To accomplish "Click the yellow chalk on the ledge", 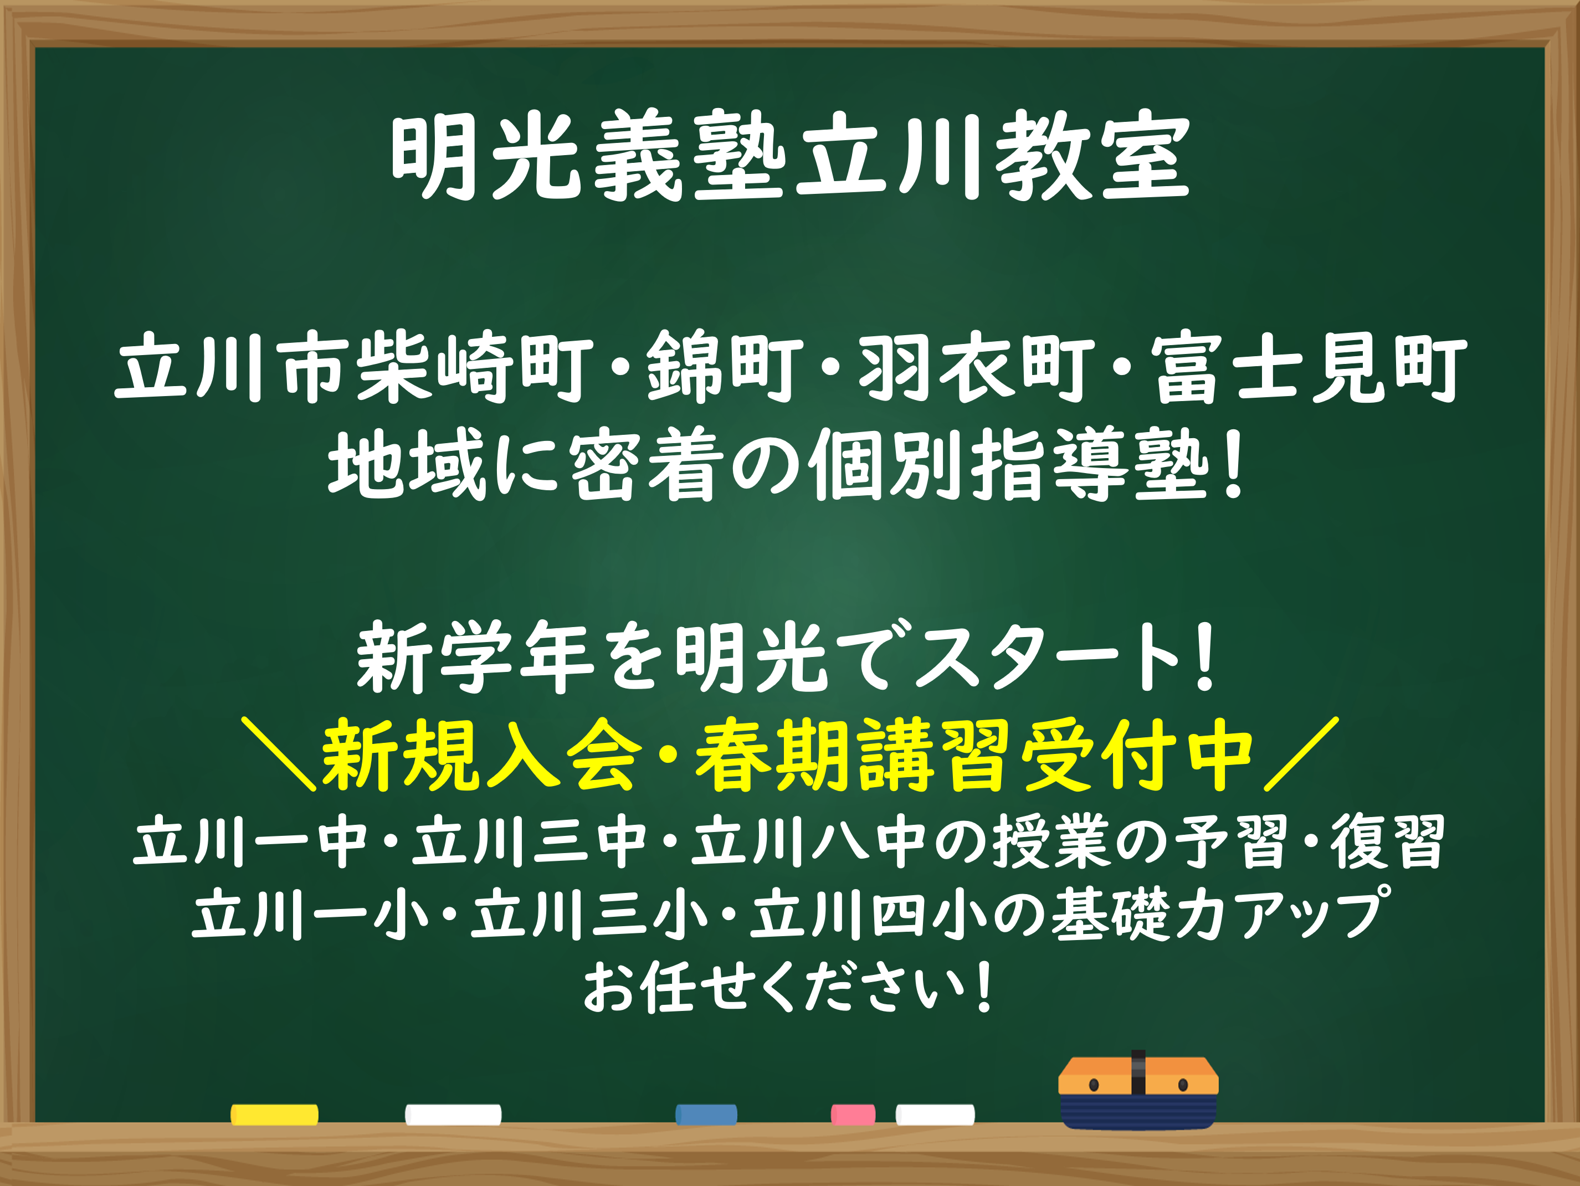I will click(274, 1115).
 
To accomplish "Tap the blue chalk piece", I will click(706, 1115).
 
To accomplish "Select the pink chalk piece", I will click(853, 1115).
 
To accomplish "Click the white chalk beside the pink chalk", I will click(935, 1115).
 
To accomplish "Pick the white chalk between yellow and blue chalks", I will click(453, 1115).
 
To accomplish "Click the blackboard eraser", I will click(1138, 1092).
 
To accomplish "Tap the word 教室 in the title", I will click(1094, 156).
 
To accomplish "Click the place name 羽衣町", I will click(977, 367).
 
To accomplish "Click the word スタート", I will click(1047, 657).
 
